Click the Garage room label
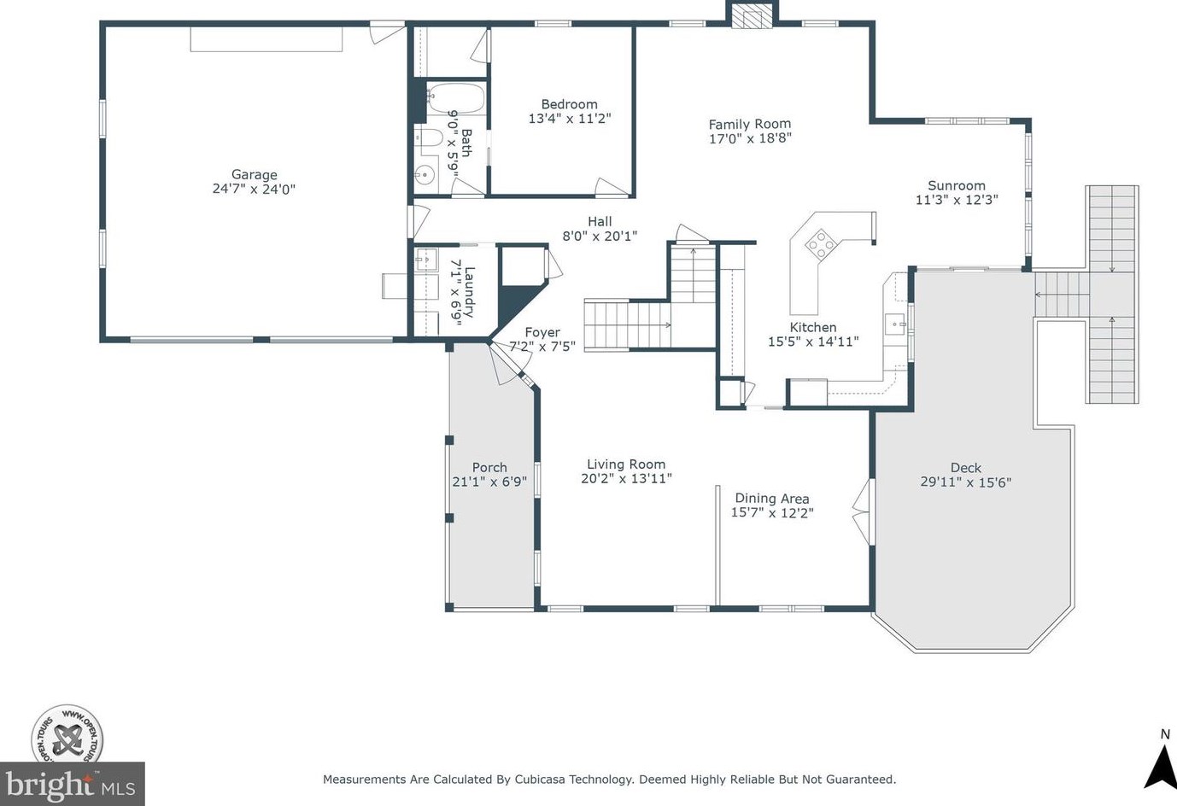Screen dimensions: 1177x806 tap(255, 174)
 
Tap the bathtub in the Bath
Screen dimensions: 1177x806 tap(455, 97)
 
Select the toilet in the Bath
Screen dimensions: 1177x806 tap(428, 138)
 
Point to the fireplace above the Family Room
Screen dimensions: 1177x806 tap(752, 16)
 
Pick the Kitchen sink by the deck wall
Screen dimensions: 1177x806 tap(895, 324)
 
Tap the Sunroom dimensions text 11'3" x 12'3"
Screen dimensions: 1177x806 tap(957, 200)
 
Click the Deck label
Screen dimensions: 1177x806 tap(966, 467)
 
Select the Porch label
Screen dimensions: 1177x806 tap(489, 467)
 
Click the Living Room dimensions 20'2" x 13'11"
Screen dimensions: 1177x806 tap(626, 478)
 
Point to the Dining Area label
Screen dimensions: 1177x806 tap(772, 499)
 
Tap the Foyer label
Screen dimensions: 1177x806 tap(542, 332)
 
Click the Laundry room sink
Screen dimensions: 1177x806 tap(426, 260)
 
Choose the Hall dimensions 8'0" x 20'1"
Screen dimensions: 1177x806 tap(600, 237)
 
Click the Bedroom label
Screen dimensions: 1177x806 tap(569, 104)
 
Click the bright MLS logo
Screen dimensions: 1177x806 tap(72, 784)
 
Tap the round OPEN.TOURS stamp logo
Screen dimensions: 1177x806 tap(67, 741)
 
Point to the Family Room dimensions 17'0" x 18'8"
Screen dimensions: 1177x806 tap(750, 138)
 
